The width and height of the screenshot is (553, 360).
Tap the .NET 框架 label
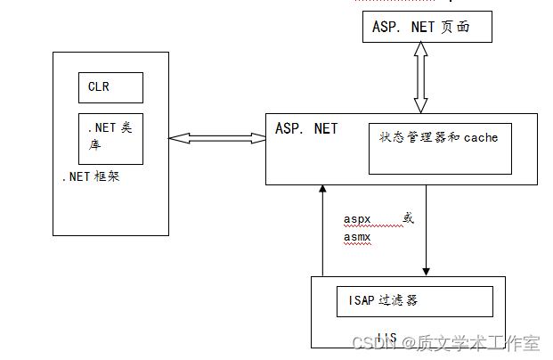tap(90, 176)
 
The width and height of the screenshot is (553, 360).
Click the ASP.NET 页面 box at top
tap(427, 27)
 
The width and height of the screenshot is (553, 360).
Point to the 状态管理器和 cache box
tap(440, 148)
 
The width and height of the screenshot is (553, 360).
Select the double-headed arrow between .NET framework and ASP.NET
tap(217, 138)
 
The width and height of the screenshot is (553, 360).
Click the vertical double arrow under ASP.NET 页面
tap(420, 77)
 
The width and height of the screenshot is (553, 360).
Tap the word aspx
tap(358, 219)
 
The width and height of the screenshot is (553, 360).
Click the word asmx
tap(358, 237)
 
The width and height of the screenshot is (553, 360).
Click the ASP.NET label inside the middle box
tap(306, 129)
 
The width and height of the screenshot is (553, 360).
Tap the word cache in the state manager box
tap(481, 138)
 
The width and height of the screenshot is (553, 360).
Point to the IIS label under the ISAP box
tap(386, 337)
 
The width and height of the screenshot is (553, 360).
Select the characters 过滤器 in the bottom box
tap(400, 300)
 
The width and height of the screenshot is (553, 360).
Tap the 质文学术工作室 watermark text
tap(480, 342)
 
